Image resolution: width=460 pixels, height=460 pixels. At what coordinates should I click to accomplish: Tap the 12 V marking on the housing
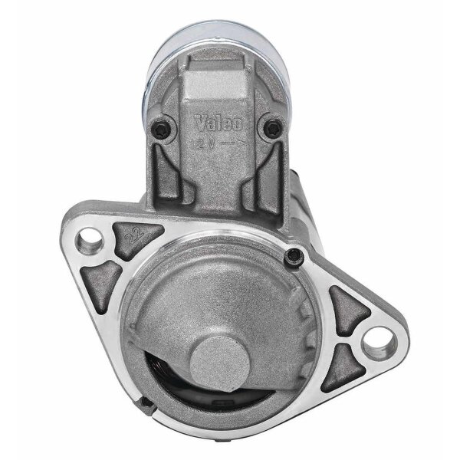click(x=203, y=143)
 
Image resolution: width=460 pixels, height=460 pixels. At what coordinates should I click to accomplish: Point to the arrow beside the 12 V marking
click(x=229, y=143)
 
